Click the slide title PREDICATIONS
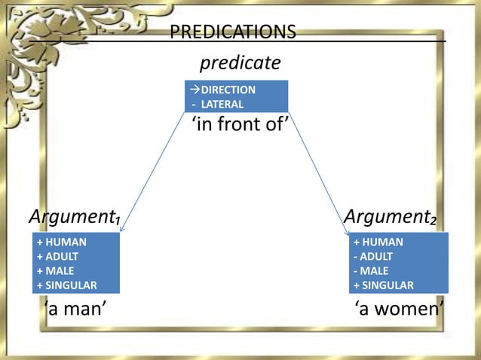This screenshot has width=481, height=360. coord(233,32)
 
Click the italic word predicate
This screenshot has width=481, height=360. coord(240,62)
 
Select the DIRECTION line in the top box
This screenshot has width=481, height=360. coord(226,90)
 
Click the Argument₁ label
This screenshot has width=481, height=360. coord(75,218)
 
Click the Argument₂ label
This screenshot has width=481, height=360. coord(390,218)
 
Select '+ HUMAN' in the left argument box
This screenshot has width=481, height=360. coord(61,242)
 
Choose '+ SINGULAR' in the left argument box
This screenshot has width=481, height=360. coord(66,285)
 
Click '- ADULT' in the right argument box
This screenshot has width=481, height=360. coord(373,256)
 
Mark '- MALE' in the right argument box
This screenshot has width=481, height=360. coord(372,270)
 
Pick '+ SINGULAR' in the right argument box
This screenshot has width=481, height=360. coord(383,285)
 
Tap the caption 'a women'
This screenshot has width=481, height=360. coord(399,309)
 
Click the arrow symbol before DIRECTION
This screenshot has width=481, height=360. coord(194,90)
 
